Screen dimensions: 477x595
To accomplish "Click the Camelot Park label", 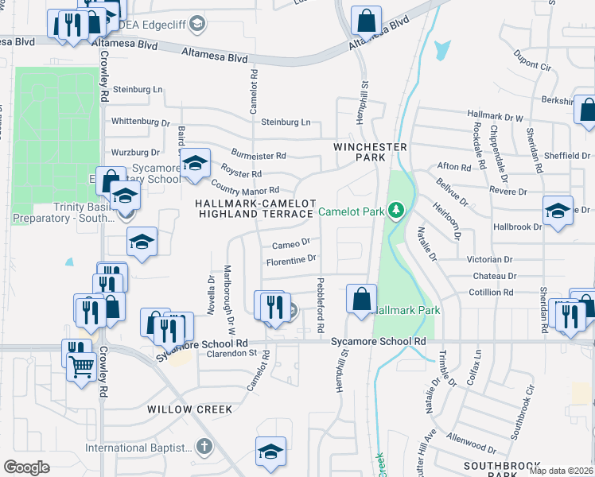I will [351, 211].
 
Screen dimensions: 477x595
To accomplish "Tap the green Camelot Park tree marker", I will [395, 211].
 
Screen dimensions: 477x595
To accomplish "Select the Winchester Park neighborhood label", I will [370, 153].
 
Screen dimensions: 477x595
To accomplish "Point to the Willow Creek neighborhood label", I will [189, 409].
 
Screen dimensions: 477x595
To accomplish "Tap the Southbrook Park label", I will [491, 468].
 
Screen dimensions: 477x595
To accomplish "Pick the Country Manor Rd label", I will [245, 190].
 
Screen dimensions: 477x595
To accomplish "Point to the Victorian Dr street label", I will [490, 260].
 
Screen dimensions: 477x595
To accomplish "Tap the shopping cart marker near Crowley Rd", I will [82, 366].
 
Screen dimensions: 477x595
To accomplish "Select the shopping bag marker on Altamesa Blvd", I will [366, 18].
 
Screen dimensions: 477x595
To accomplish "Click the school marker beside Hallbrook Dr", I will [558, 211].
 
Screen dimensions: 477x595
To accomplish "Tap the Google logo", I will [26, 467].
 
